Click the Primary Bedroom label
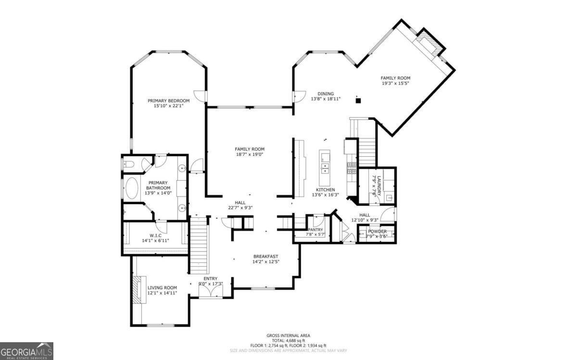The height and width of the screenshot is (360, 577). pyautogui.click(x=168, y=100)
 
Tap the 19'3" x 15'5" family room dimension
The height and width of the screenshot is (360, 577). pyautogui.click(x=395, y=83)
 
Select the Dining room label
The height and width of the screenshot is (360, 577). pyautogui.click(x=326, y=94)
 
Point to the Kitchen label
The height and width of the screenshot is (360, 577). pyautogui.click(x=325, y=190)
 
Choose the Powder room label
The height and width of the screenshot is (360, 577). pyautogui.click(x=377, y=232)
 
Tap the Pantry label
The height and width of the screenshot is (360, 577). pyautogui.click(x=315, y=230)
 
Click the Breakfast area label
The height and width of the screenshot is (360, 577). pyautogui.click(x=265, y=256)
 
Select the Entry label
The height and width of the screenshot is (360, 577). pyautogui.click(x=210, y=278)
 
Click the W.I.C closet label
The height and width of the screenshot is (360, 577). pyautogui.click(x=154, y=235)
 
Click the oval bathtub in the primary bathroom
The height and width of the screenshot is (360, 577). pyautogui.click(x=131, y=188)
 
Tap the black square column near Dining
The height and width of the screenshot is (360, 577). pyautogui.click(x=357, y=100)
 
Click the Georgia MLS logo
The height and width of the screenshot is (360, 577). pyautogui.click(x=26, y=351)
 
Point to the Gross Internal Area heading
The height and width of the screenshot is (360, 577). pyautogui.click(x=288, y=335)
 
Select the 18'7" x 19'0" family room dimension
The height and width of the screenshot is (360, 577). pyautogui.click(x=250, y=154)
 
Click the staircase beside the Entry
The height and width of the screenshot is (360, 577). pyautogui.click(x=200, y=245)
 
